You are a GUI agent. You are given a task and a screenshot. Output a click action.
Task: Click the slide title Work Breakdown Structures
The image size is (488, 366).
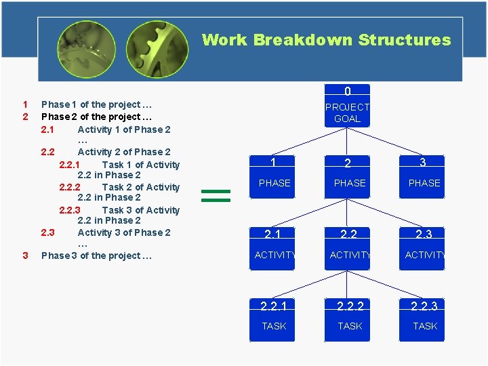click(x=326, y=40)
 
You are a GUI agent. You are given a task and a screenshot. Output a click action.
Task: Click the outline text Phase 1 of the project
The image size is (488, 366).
click(x=96, y=104)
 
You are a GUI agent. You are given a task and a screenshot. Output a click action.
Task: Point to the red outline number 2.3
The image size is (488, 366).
click(x=47, y=232)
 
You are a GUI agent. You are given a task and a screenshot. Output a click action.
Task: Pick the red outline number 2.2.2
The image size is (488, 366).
click(x=70, y=187)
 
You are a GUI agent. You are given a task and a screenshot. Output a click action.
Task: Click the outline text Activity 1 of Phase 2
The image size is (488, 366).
click(x=124, y=129)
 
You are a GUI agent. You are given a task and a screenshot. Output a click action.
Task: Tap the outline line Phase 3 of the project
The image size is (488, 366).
click(x=96, y=256)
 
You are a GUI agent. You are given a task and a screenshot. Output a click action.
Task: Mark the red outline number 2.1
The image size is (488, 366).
click(x=47, y=129)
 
